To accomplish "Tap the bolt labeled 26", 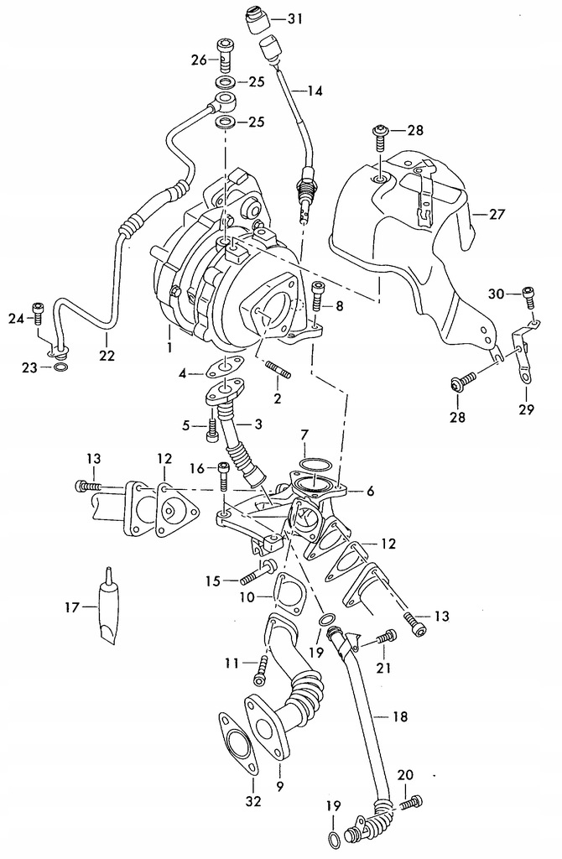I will pos(225,54).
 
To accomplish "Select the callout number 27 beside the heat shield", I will pos(497,214).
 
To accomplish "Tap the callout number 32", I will pos(232,801).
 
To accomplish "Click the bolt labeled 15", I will pos(252,576).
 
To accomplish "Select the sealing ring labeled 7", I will pos(314,464).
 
